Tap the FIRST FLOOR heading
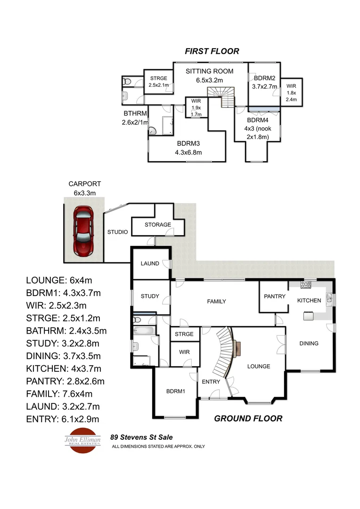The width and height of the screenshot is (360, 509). tap(212, 51)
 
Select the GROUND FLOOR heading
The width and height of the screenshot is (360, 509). tap(248, 418)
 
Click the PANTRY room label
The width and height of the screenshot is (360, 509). tap(274, 296)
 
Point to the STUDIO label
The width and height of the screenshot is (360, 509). tap(118, 232)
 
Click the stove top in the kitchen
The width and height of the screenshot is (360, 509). tap(305, 284)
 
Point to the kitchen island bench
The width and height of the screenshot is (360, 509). tap(309, 315)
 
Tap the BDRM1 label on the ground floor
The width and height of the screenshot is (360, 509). tap(175, 392)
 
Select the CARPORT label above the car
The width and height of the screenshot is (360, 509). tap(84, 184)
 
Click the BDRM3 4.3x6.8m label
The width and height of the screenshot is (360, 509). tap(189, 148)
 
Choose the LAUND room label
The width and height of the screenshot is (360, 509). tap(150, 263)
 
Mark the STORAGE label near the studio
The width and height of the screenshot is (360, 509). tap(157, 224)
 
